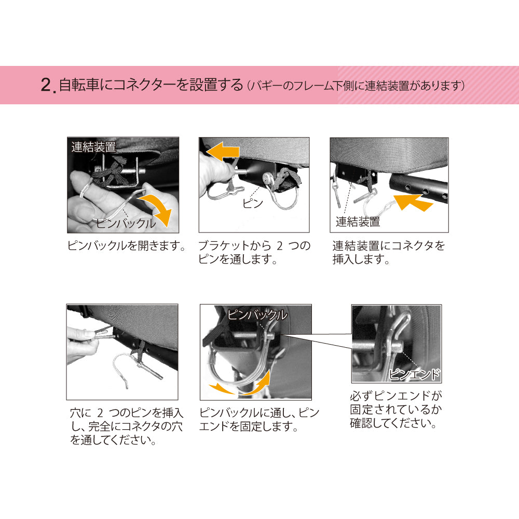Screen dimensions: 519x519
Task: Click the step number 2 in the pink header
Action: pos(46,85)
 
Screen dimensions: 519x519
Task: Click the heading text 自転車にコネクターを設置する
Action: pos(151,85)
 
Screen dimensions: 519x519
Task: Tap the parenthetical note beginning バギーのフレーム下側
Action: pos(356,86)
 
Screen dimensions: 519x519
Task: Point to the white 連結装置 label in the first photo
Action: pos(93,147)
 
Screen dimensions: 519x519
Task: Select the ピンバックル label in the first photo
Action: pos(126,223)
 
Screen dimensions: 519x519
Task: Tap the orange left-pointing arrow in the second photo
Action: pos(223,152)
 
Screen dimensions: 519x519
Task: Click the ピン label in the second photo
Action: pos(253,203)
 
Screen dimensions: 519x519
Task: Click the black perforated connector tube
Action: pos(419,187)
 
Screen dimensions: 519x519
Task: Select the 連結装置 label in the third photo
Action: pos(358,222)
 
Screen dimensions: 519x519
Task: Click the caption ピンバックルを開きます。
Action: pos(127,245)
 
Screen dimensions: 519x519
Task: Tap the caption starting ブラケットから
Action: pos(254,252)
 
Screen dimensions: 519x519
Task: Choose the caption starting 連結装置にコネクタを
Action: pos(389,252)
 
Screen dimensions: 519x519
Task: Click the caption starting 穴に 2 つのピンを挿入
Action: pos(126,426)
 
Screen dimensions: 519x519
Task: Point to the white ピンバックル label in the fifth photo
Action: pos(257,315)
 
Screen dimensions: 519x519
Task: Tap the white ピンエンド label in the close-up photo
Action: pos(414,374)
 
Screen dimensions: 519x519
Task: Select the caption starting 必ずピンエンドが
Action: pos(396,409)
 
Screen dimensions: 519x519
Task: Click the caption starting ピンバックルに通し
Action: pos(259,419)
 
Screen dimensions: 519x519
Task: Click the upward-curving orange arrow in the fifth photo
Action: pos(258,384)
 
